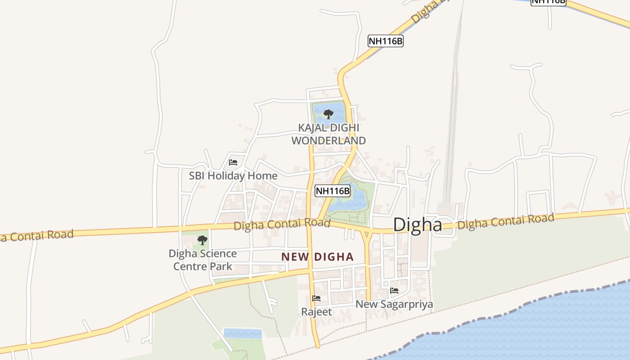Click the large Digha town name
[x=418, y=225]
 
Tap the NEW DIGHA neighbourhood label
[x=317, y=257]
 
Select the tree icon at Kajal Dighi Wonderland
[x=328, y=114]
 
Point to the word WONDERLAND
[x=328, y=140]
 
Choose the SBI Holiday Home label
[x=233, y=175]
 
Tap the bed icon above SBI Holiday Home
[x=233, y=162]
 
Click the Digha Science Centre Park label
[x=202, y=260]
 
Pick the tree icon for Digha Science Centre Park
[x=202, y=240]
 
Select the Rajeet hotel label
[x=316, y=312]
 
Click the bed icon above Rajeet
[x=316, y=298]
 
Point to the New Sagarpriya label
[x=394, y=304]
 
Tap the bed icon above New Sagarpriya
[x=394, y=291]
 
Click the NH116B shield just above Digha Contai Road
[x=333, y=191]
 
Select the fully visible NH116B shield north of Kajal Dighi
[x=385, y=41]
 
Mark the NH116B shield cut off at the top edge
[x=548, y=2]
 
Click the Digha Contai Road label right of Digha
[x=505, y=221]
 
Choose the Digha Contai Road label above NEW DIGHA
[x=282, y=224]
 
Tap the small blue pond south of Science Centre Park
[x=243, y=333]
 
